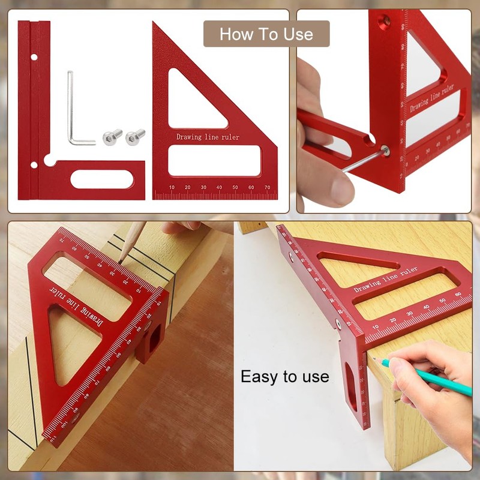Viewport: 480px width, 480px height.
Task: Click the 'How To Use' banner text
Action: [x=266, y=34]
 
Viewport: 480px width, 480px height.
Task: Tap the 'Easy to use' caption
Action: [x=284, y=377]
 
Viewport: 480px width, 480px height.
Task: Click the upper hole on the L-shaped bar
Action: [x=34, y=58]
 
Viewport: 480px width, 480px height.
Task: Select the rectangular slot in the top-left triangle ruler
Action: [x=214, y=162]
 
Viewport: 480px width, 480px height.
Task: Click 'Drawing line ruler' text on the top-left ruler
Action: [x=208, y=137]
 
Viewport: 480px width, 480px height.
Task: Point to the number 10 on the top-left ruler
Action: [x=172, y=188]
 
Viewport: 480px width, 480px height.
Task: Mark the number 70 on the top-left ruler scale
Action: [x=266, y=188]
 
